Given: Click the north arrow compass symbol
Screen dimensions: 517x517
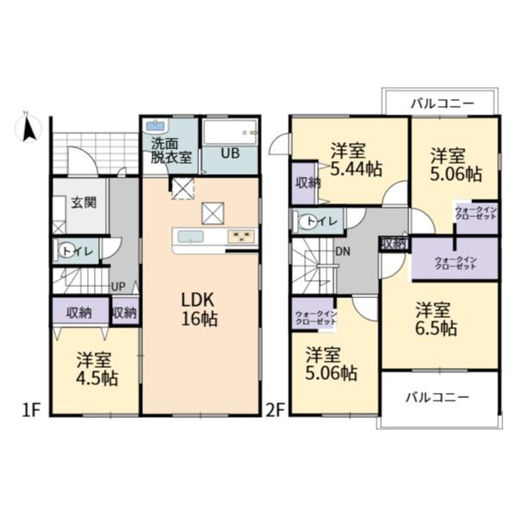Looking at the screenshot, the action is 28,128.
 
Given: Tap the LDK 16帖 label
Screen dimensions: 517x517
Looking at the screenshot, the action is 199,309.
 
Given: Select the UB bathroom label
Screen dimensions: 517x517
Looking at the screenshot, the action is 230,153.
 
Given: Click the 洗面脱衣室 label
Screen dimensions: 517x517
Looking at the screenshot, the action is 171,150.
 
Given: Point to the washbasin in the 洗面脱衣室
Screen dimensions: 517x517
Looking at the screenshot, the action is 156,126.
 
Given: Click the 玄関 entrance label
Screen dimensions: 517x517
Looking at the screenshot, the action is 84,202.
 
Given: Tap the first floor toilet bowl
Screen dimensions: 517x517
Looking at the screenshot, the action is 65,252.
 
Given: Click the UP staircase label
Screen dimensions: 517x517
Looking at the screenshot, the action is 118,287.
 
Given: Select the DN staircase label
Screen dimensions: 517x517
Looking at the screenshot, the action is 343,252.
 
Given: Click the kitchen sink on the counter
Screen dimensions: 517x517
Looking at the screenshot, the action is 190,236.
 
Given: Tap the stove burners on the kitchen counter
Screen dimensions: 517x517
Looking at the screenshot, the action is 241,237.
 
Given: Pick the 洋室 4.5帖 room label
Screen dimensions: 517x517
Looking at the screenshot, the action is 97,369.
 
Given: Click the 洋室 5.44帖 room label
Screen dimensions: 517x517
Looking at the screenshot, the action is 357,160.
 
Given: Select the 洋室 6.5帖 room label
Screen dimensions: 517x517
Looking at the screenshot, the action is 436,319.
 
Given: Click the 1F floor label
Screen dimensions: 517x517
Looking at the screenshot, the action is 30,410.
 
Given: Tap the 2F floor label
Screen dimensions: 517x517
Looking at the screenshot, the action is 275,410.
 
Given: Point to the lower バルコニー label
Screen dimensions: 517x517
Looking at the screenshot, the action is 437,397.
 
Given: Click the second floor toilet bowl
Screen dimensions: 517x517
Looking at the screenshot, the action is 307,221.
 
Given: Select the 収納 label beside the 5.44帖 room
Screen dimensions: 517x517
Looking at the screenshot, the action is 307,183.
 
